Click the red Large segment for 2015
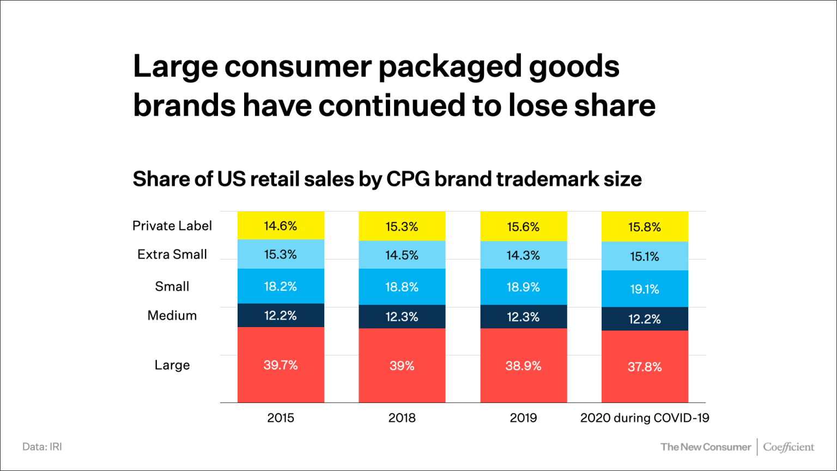281,365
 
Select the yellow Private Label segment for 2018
402,226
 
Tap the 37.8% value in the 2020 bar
645,367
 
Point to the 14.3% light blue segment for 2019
523,255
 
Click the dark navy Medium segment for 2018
402,317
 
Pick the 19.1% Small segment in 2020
645,289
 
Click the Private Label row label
172,226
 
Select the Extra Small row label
172,254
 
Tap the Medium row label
172,315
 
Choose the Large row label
172,365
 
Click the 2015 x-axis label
281,418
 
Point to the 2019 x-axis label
523,418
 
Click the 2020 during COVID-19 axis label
645,418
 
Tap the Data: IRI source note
42,446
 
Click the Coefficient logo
789,447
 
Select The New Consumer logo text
706,447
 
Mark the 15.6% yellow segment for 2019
523,226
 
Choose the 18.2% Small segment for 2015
281,286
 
